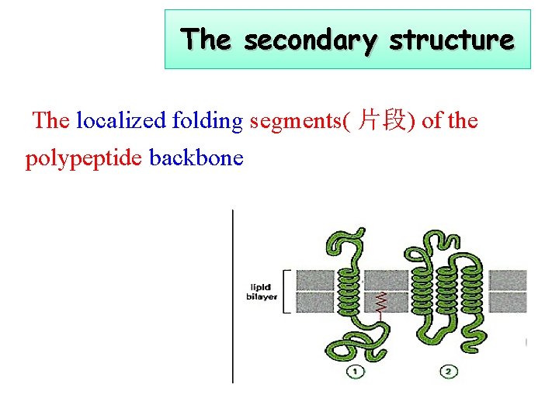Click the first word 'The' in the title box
click(x=205, y=39)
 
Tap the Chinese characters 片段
click(x=380, y=120)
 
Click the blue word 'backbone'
click(x=196, y=158)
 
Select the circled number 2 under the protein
click(x=450, y=372)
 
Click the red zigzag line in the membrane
click(x=380, y=302)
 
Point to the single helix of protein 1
click(x=352, y=292)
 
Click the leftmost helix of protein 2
click(x=423, y=291)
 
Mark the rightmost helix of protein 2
click(x=475, y=291)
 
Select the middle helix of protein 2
click(x=448, y=291)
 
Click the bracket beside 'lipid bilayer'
click(x=286, y=292)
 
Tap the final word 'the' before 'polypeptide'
click(x=464, y=120)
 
